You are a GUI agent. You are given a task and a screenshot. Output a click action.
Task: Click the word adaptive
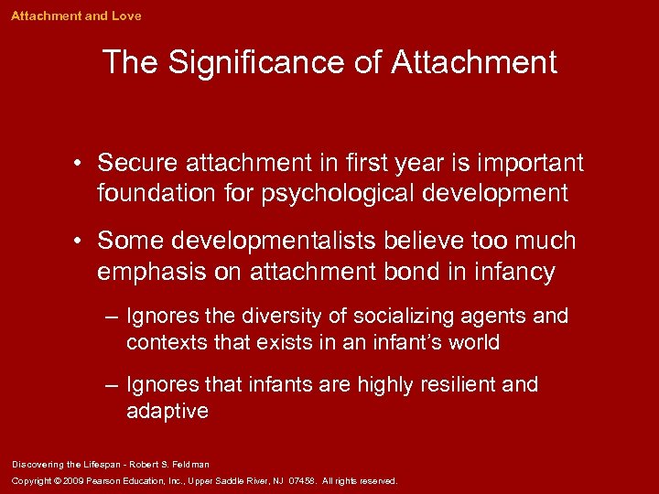(x=167, y=412)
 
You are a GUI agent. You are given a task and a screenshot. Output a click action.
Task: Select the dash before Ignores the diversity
(x=111, y=317)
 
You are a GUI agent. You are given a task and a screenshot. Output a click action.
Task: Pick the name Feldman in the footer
(x=189, y=465)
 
